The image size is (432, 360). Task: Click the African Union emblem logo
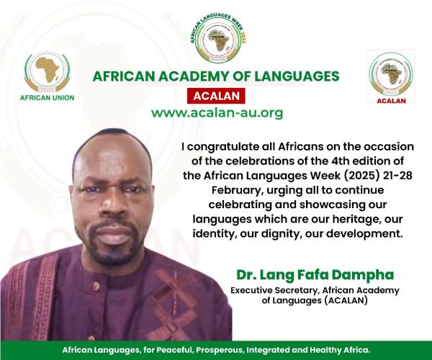click(x=47, y=72)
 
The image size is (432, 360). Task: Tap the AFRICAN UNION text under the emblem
click(x=47, y=98)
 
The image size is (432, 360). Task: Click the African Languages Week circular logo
click(x=218, y=37)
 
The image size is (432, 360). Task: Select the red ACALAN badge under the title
click(x=216, y=96)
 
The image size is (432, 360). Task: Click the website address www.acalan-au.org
click(x=217, y=113)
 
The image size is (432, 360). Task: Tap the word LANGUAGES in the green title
click(x=297, y=76)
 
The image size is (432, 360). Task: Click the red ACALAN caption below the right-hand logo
click(x=391, y=101)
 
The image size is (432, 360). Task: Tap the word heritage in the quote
click(x=357, y=220)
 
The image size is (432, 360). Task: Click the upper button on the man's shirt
click(x=96, y=287)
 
